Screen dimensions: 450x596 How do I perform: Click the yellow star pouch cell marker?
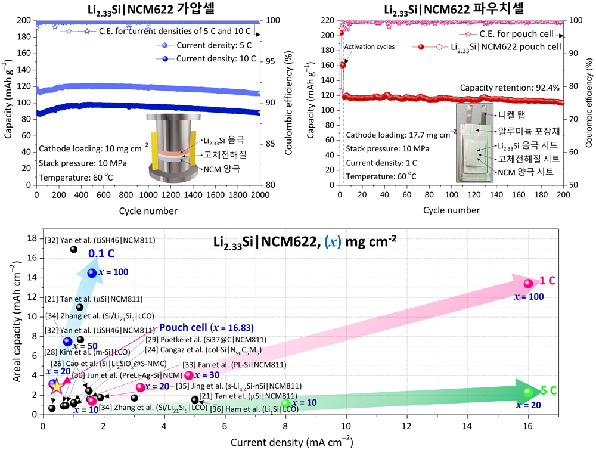pyautogui.click(x=56, y=386)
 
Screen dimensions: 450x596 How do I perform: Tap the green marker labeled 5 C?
pyautogui.click(x=528, y=392)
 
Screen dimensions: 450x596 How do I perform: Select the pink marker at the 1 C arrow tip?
pyautogui.click(x=528, y=283)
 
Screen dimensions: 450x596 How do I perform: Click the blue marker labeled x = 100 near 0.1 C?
pyautogui.click(x=91, y=272)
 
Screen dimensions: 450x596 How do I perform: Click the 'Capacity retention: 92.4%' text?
pyautogui.click(x=510, y=88)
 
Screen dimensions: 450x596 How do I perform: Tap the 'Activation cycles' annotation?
pyautogui.click(x=370, y=46)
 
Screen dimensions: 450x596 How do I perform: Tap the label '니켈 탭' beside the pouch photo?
pyautogui.click(x=513, y=114)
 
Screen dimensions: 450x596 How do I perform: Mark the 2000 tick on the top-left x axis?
pyautogui.click(x=260, y=195)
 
